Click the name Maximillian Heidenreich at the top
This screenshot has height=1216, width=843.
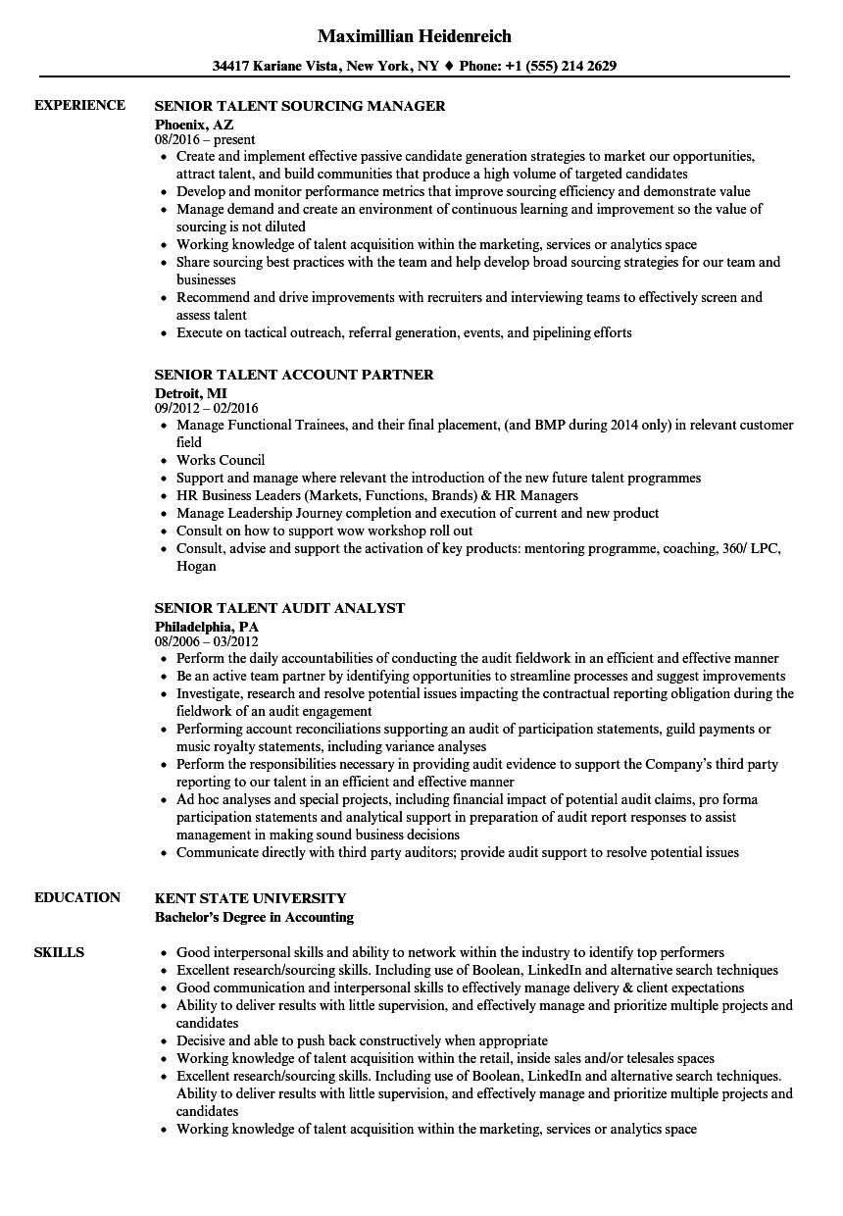pyautogui.click(x=415, y=36)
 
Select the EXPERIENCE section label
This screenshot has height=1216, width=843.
pyautogui.click(x=79, y=105)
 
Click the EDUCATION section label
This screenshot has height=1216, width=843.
pyautogui.click(x=77, y=897)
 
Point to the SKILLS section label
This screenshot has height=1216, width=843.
pyautogui.click(x=59, y=952)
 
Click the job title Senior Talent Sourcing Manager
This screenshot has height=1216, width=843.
pyautogui.click(x=300, y=106)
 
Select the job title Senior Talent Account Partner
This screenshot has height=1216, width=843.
pyautogui.click(x=294, y=375)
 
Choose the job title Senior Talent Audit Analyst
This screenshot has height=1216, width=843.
pyautogui.click(x=279, y=608)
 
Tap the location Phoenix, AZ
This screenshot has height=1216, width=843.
pyautogui.click(x=194, y=124)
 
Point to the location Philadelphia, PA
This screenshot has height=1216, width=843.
pyautogui.click(x=207, y=626)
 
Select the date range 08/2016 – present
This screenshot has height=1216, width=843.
pyautogui.click(x=205, y=140)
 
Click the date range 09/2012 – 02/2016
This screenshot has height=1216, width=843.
pyautogui.click(x=207, y=408)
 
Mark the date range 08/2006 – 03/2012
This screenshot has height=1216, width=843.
pyautogui.click(x=207, y=641)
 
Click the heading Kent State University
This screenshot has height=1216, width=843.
pyautogui.click(x=250, y=898)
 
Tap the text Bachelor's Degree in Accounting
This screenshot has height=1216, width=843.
pyautogui.click(x=254, y=917)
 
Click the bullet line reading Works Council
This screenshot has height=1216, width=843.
pyautogui.click(x=221, y=460)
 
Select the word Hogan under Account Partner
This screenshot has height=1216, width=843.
pyautogui.click(x=196, y=566)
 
